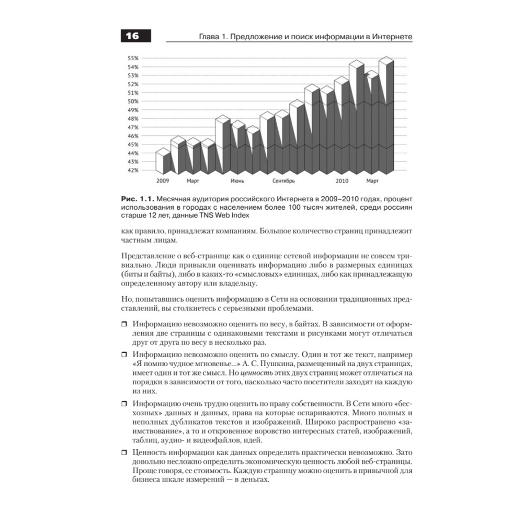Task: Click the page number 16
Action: coord(131,36)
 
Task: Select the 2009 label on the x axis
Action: coord(163,181)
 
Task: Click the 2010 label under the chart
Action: coord(342,181)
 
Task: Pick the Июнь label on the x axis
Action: coord(237,181)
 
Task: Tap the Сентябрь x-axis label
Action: coord(284,181)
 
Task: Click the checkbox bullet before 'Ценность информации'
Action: coord(124,452)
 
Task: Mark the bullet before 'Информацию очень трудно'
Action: coord(124,403)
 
